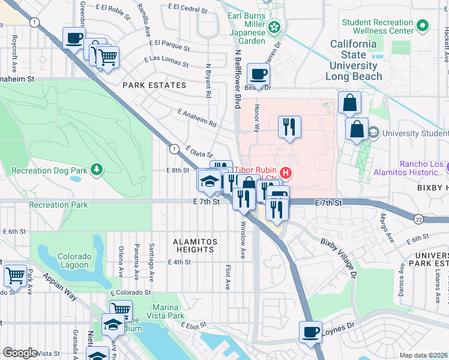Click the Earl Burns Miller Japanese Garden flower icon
click(x=274, y=26)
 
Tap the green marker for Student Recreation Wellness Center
click(x=423, y=26)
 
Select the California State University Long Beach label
click(x=354, y=60)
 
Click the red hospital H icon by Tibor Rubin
click(x=286, y=173)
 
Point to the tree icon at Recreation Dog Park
click(x=97, y=171)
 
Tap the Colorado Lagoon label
click(x=75, y=261)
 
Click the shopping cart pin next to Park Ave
click(x=15, y=276)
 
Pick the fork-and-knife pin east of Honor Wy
click(x=289, y=127)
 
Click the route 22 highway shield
click(x=418, y=220)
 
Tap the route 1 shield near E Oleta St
click(x=173, y=148)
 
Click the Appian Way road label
click(x=59, y=287)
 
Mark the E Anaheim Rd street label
click(x=197, y=118)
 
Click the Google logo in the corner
click(x=20, y=353)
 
